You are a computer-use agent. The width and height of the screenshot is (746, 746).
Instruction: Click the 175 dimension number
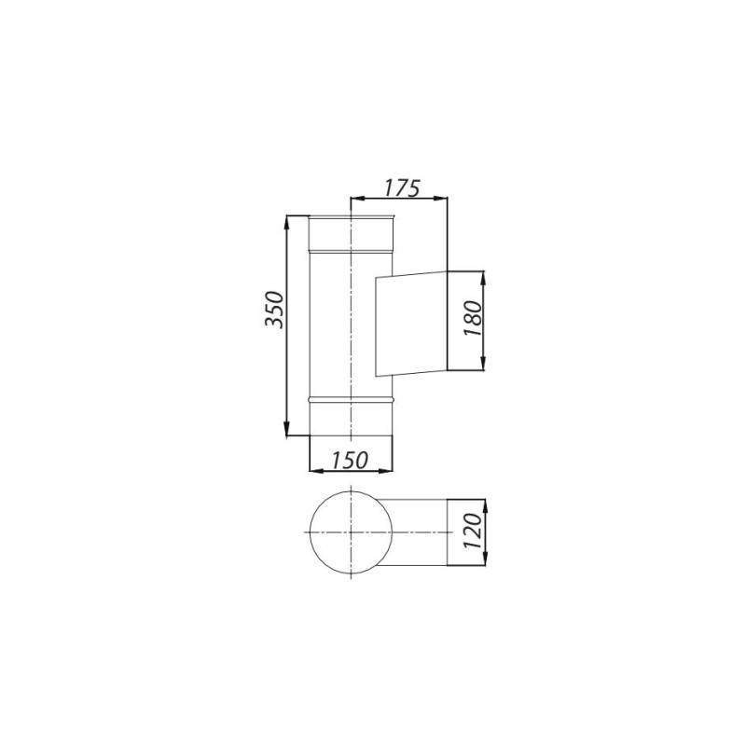click(402, 188)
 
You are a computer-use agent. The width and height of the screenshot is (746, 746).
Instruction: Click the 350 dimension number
click(274, 310)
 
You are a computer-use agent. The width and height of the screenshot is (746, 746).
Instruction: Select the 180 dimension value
click(474, 318)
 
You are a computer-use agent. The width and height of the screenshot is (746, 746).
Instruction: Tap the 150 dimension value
click(350, 460)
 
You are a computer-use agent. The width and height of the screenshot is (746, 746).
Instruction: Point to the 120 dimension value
click(474, 531)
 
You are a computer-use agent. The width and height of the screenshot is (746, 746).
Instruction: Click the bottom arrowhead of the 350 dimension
click(286, 429)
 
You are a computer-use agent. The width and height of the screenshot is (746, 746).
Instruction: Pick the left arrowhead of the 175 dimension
click(357, 198)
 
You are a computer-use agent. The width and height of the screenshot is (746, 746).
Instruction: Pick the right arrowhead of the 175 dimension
click(440, 198)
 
